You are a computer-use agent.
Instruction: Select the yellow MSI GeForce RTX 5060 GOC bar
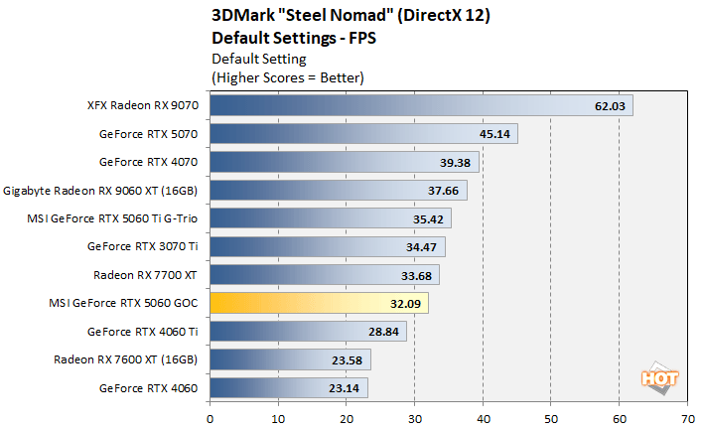[318, 303]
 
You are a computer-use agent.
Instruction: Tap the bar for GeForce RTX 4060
[288, 387]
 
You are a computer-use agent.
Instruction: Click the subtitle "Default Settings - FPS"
[295, 38]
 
